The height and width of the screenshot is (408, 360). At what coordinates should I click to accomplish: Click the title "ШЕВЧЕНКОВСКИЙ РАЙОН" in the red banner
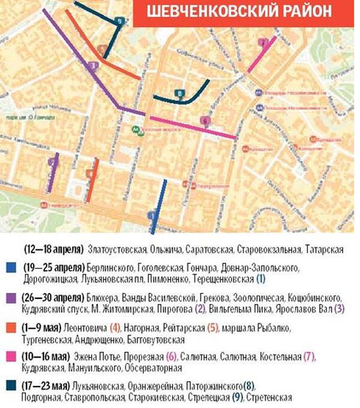[242, 13]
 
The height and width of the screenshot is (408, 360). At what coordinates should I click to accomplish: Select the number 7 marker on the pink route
[262, 43]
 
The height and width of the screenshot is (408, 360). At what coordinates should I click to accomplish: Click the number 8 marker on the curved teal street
[179, 93]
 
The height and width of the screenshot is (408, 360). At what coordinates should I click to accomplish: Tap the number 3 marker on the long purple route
[92, 65]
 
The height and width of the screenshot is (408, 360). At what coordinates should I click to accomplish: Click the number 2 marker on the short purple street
[52, 161]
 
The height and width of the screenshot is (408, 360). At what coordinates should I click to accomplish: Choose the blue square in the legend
[9, 268]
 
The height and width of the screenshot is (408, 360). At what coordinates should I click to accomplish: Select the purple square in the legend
[9, 298]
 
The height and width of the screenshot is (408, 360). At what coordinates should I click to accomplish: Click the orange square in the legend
[9, 328]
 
